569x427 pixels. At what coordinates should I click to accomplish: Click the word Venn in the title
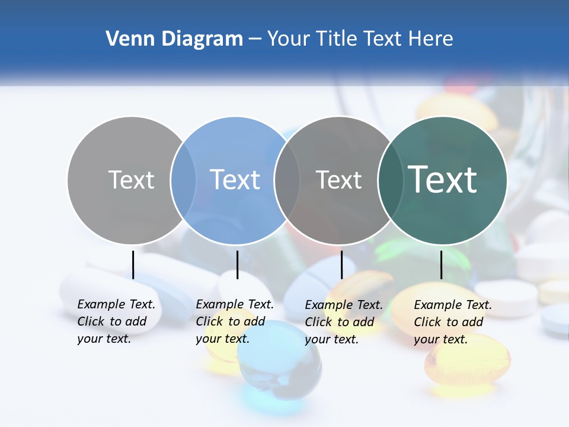point(127,39)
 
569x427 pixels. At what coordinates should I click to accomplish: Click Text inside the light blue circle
point(235,180)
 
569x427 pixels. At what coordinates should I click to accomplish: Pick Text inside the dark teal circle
point(442,180)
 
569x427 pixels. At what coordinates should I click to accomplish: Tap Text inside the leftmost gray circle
point(131,180)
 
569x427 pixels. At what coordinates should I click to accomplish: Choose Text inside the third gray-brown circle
point(338,180)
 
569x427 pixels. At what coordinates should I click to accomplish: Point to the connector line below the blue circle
point(237,265)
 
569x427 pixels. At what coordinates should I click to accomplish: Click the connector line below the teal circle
point(441,265)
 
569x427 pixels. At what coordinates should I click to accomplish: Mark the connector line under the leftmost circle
point(133,265)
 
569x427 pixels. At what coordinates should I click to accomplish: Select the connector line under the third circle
point(341,265)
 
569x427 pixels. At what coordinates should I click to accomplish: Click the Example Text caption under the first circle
point(116,322)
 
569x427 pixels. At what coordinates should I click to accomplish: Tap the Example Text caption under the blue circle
point(234,322)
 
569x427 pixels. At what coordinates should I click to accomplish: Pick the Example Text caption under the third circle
point(343,322)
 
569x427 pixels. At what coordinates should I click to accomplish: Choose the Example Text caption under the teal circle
point(452,322)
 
